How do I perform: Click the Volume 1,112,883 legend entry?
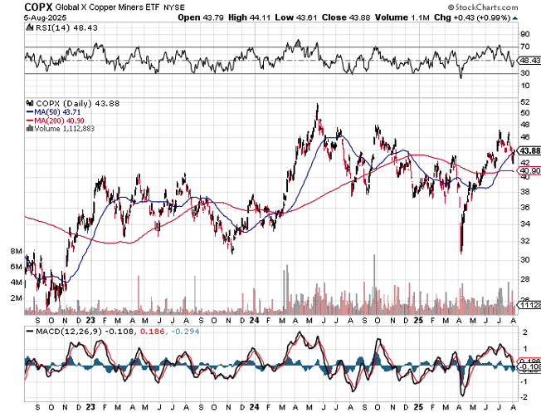(65, 129)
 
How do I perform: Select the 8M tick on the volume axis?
(15, 250)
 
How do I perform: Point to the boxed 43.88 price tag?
(529, 151)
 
